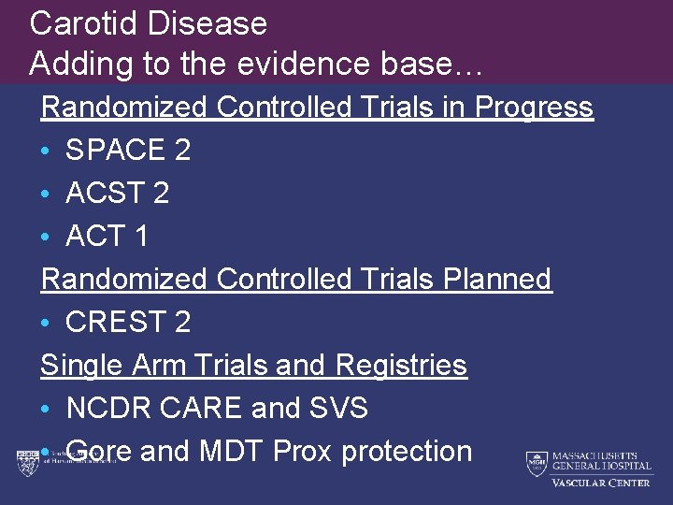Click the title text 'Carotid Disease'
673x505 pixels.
tap(148, 23)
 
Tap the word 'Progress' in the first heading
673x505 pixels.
tap(534, 108)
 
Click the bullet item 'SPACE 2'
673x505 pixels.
tap(128, 151)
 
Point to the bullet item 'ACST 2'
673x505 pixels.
tap(117, 194)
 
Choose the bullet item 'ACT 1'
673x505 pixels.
tap(107, 237)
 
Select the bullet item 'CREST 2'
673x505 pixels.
tap(128, 323)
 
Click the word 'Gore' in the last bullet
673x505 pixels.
tap(99, 452)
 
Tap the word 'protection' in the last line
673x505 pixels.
tap(407, 452)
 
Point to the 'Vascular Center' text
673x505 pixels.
tap(601, 483)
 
